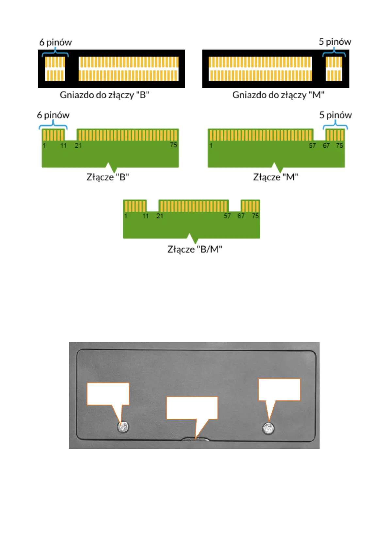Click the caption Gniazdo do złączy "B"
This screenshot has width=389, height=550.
[x=105, y=95]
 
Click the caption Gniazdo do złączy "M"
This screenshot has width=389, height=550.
[x=278, y=95]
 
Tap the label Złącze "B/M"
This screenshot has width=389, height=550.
[x=195, y=249]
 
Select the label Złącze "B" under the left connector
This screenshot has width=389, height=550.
[x=107, y=177]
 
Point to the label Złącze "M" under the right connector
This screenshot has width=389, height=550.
[x=276, y=177]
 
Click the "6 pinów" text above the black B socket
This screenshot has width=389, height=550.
[x=56, y=42]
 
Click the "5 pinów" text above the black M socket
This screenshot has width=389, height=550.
[x=335, y=42]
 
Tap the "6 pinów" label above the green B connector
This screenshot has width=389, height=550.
[x=53, y=115]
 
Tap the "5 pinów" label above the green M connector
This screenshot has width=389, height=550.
[x=335, y=115]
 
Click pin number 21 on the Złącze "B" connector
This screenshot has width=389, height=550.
[x=78, y=146]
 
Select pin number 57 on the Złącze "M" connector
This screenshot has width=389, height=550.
[x=312, y=146]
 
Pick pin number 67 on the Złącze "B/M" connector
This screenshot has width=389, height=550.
[x=241, y=216]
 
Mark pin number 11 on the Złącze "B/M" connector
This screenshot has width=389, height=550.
[x=146, y=216]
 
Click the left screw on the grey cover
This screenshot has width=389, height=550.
[x=123, y=427]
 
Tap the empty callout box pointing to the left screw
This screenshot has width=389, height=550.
[x=108, y=394]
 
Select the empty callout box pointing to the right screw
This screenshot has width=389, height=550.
[x=279, y=390]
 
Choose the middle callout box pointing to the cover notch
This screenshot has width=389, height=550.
[x=192, y=408]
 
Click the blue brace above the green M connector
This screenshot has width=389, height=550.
[x=335, y=125]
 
